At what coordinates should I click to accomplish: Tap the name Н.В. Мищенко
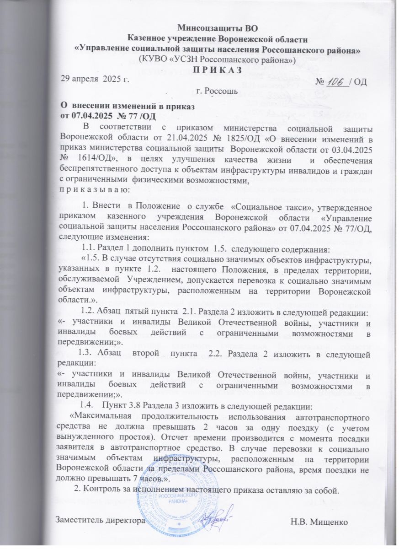(x=324, y=520)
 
